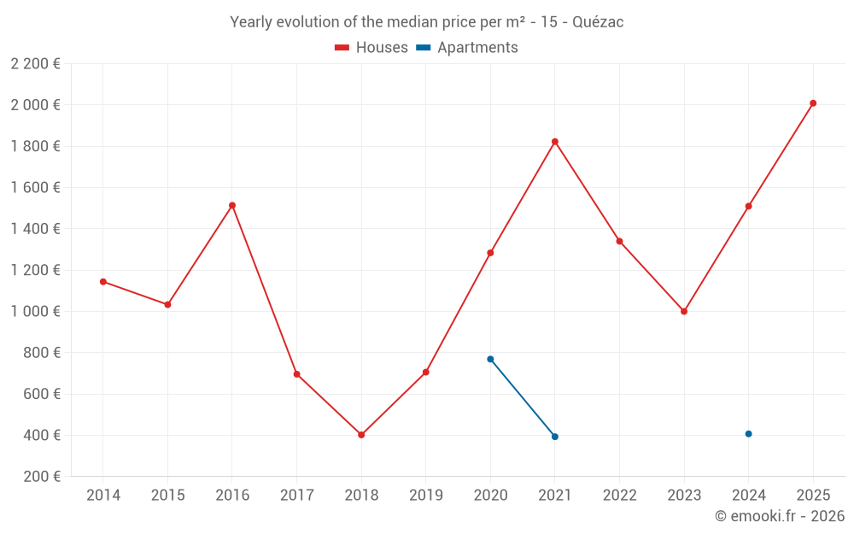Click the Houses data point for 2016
(232, 205)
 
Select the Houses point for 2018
(361, 435)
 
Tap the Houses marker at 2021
(555, 142)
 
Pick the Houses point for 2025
(813, 103)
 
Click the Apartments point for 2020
(490, 359)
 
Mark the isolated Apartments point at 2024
(748, 434)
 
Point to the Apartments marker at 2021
(555, 437)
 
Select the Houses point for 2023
(684, 311)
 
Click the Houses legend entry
(371, 48)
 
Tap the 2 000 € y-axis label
(35, 105)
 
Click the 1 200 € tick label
(35, 270)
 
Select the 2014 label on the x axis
(103, 496)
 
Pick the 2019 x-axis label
(425, 496)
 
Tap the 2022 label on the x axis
(619, 496)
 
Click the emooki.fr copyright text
(779, 516)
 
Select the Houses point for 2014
(103, 281)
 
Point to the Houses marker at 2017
(296, 374)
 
